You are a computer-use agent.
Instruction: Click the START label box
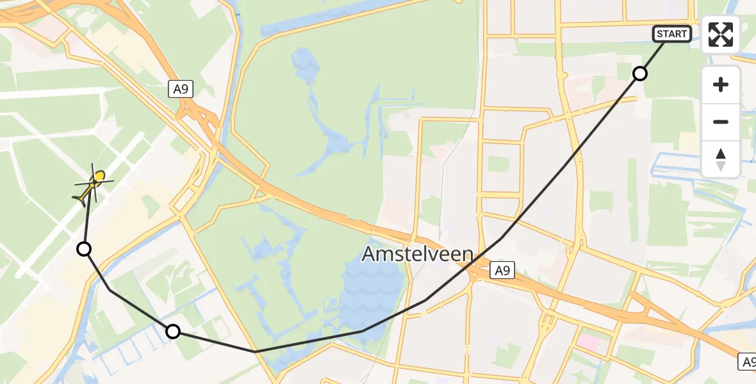(x=671, y=33)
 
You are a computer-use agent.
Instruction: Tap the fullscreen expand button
(x=721, y=35)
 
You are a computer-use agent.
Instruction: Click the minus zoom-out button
(x=721, y=122)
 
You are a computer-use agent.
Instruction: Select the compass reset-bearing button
(x=721, y=159)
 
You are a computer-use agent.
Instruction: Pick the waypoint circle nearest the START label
(x=639, y=74)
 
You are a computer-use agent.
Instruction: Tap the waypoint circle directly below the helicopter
(x=84, y=249)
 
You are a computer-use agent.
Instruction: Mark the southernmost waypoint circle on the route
(x=172, y=331)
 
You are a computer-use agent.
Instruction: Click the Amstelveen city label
(x=417, y=254)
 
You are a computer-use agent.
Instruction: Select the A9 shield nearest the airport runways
(x=182, y=90)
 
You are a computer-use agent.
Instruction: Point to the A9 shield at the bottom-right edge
(x=747, y=361)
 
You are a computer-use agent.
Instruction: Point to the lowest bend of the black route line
(x=255, y=351)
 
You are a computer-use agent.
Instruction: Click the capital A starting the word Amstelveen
(x=369, y=254)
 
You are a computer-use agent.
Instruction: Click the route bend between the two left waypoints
(x=110, y=291)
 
